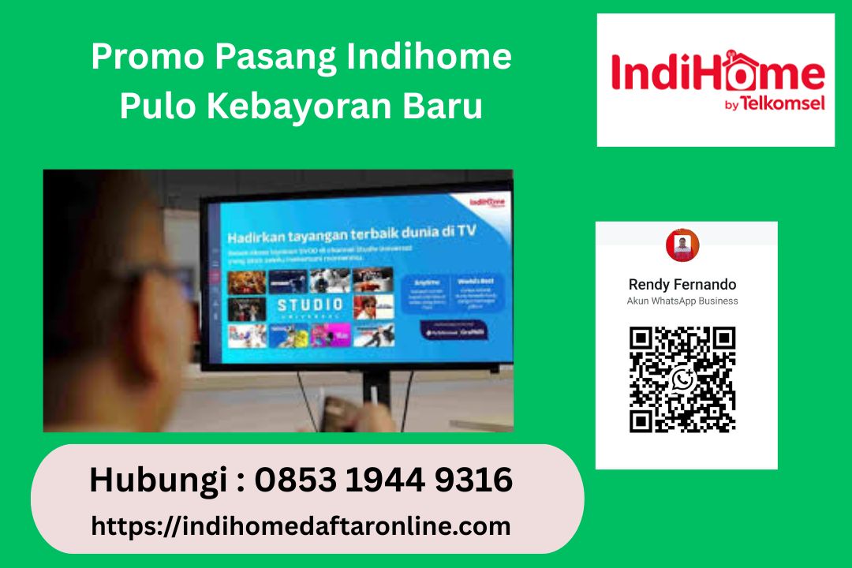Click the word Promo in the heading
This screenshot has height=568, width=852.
pyautogui.click(x=133, y=58)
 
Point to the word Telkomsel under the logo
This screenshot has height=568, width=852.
pyautogui.click(x=794, y=103)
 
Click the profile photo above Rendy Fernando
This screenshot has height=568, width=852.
pyautogui.click(x=682, y=245)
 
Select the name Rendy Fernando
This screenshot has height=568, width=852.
pyautogui.click(x=682, y=284)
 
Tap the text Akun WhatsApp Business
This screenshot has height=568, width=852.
pyautogui.click(x=682, y=301)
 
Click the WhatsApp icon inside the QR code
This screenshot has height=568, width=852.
pyautogui.click(x=683, y=379)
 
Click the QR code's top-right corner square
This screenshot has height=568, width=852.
pyautogui.click(x=722, y=340)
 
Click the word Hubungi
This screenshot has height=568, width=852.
pyautogui.click(x=160, y=480)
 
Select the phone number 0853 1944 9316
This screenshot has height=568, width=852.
pyautogui.click(x=383, y=480)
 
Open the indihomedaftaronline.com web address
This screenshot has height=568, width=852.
pyautogui.click(x=301, y=526)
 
